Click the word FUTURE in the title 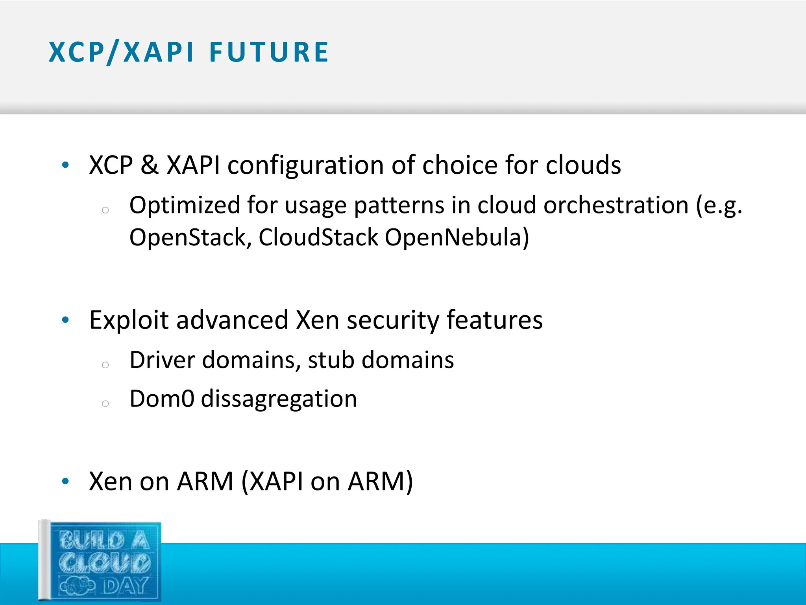click(269, 52)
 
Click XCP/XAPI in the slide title click(121, 52)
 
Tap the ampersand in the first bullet click(150, 165)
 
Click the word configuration click(305, 165)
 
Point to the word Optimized click(185, 206)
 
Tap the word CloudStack click(318, 238)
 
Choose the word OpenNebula click(457, 238)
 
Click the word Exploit click(129, 320)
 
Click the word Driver click(162, 360)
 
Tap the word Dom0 click(162, 399)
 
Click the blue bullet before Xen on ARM click(65, 481)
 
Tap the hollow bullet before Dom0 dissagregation click(105, 403)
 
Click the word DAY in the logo click(125, 585)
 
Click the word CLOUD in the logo click(105, 562)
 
